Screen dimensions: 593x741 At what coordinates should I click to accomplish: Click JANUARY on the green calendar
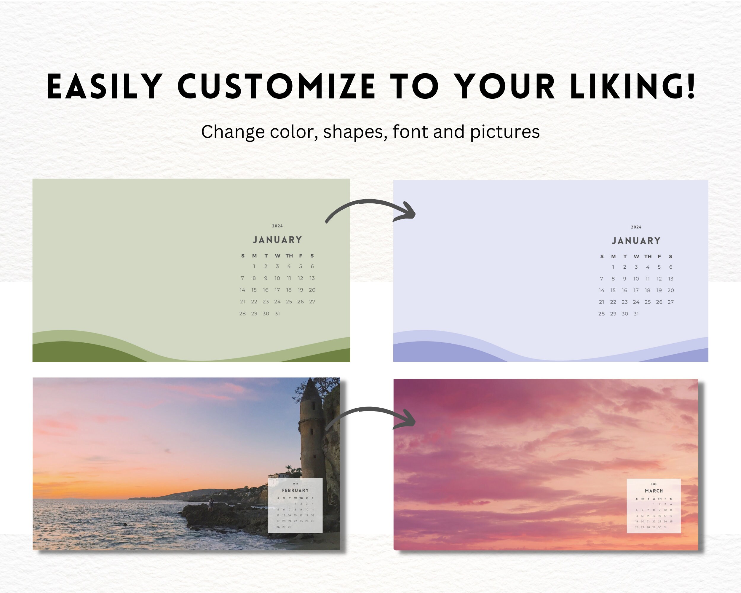[277, 240]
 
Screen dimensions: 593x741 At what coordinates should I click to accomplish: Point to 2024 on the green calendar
[277, 226]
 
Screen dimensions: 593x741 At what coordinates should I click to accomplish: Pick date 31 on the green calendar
[277, 313]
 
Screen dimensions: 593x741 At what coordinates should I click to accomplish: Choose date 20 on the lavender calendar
[670, 291]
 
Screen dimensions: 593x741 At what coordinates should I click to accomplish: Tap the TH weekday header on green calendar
[289, 256]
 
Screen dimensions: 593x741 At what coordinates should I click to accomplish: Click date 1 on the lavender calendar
[613, 267]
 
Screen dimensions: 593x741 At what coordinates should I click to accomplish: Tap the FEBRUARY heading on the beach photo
[295, 490]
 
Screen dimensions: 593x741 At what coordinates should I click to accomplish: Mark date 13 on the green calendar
[312, 278]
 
